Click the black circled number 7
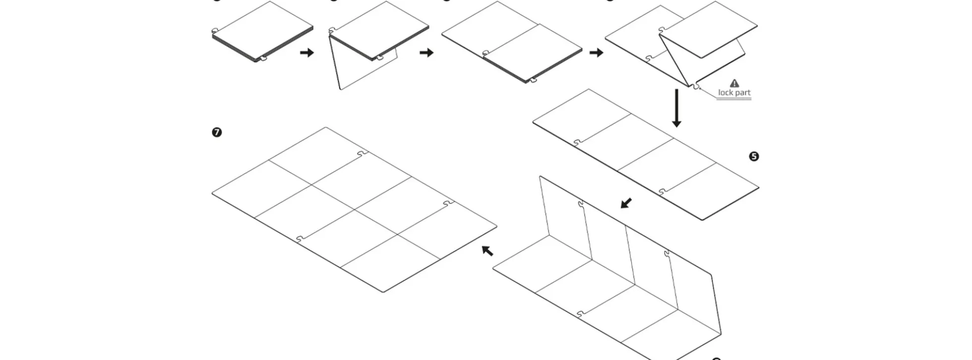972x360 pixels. (217, 132)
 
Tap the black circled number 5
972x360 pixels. (754, 157)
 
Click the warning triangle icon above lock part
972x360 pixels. (734, 83)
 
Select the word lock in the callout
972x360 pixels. (725, 93)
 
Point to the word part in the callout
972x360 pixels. (742, 93)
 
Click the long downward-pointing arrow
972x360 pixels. (676, 108)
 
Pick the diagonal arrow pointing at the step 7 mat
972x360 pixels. (487, 250)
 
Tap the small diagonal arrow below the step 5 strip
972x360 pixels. (626, 203)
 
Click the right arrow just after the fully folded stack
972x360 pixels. (307, 53)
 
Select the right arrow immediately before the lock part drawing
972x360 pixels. (596, 53)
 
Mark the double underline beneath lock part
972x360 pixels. (734, 99)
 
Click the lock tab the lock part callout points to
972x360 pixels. (696, 86)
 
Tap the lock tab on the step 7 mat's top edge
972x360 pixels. (362, 154)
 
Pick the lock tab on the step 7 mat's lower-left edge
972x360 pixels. (300, 240)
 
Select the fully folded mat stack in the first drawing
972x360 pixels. (263, 32)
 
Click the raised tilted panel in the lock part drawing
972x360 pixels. (709, 30)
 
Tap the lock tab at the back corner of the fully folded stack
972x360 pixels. (215, 31)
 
